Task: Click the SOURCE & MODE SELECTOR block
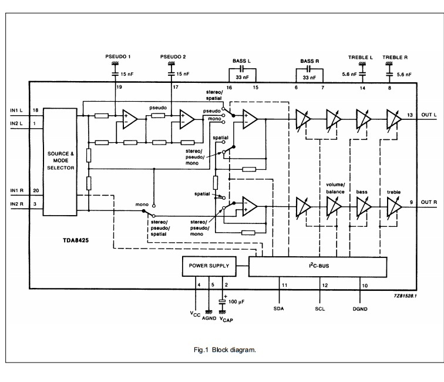[60, 162]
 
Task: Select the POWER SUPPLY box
[209, 266]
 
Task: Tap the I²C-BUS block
[318, 267]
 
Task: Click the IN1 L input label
[16, 110]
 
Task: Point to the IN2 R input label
[16, 204]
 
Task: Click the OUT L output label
[429, 115]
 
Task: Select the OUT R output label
[429, 202]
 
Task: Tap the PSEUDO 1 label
[118, 56]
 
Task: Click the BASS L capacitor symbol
[242, 68]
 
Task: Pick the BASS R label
[310, 61]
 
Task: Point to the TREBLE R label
[395, 57]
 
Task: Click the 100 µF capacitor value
[236, 302]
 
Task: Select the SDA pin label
[278, 309]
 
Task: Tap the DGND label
[360, 309]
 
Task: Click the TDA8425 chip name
[76, 240]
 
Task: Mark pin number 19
[119, 87]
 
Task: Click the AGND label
[209, 319]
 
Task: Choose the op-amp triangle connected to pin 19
[129, 119]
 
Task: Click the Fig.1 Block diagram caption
[225, 350]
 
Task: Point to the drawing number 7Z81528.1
[405, 296]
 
